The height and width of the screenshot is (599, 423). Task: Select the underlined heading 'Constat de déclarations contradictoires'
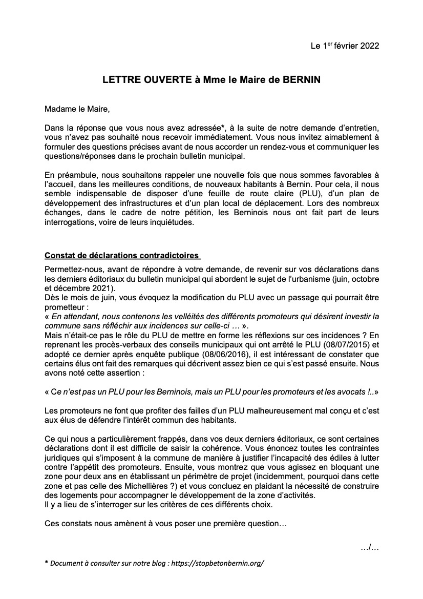click(122, 255)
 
